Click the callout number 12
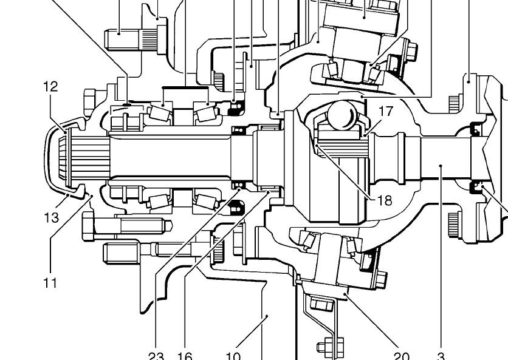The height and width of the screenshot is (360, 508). tap(50, 87)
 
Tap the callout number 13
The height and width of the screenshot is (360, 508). tap(52, 217)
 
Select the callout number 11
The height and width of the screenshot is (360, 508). tap(50, 282)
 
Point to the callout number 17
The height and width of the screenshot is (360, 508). tap(386, 111)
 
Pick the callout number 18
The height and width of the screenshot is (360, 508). tap(385, 200)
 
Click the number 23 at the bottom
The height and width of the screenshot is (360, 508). tap(156, 355)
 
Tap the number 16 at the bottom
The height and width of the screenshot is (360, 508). tap(184, 355)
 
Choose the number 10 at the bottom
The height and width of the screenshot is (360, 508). tap(233, 355)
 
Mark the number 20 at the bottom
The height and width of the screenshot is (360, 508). tap(402, 355)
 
